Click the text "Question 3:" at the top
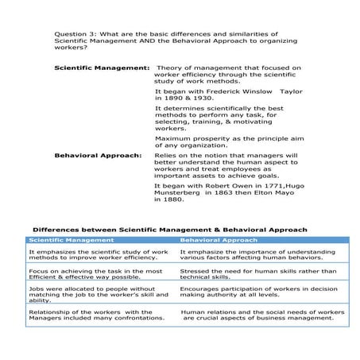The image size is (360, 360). point(72,35)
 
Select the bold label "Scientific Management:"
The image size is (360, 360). point(102,68)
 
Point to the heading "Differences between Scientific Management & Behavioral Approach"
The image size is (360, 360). point(169,230)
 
